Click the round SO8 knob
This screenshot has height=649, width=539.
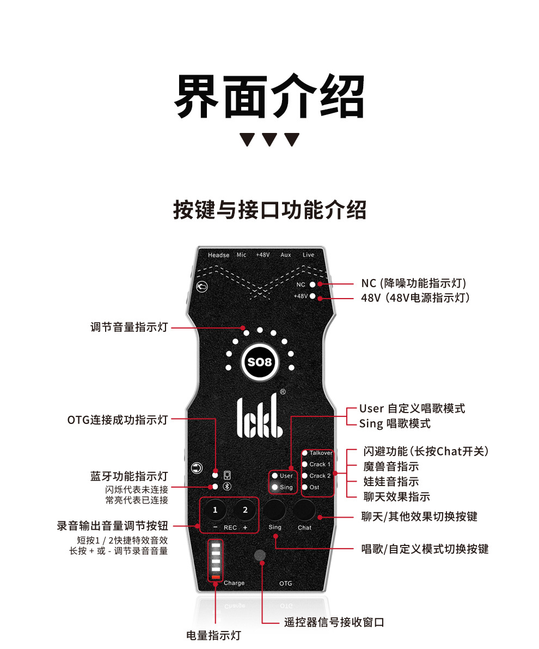(x=260, y=362)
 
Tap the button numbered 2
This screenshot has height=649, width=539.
(x=245, y=510)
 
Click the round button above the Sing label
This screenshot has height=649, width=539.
(x=275, y=510)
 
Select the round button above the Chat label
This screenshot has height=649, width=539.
(x=305, y=510)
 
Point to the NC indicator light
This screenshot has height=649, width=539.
(x=313, y=284)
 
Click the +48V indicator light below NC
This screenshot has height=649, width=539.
(x=313, y=296)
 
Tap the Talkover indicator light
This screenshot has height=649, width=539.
(x=305, y=453)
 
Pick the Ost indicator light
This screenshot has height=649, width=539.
(x=305, y=487)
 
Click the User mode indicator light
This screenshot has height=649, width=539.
(x=275, y=476)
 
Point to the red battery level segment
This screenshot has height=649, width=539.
(x=216, y=578)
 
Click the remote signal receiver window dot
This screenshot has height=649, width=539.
(x=260, y=555)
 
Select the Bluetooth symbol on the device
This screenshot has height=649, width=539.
(x=228, y=487)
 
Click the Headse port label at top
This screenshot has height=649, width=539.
(x=218, y=255)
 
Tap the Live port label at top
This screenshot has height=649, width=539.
(x=308, y=255)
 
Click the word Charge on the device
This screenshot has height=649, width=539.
(x=234, y=583)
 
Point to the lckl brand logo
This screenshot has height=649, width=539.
(x=259, y=417)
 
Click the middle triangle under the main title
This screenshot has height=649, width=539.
(x=269, y=140)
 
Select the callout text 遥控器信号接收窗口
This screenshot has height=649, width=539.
(x=334, y=622)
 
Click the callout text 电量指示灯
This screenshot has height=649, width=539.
(x=213, y=635)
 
